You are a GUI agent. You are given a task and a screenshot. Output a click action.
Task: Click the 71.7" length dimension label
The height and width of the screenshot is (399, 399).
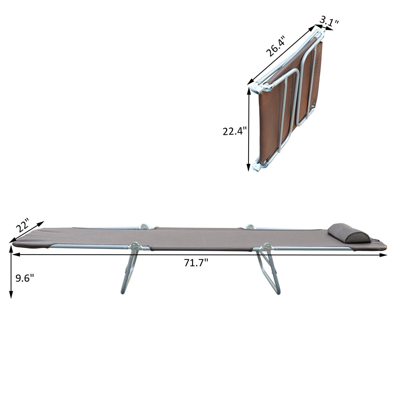click(196, 263)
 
